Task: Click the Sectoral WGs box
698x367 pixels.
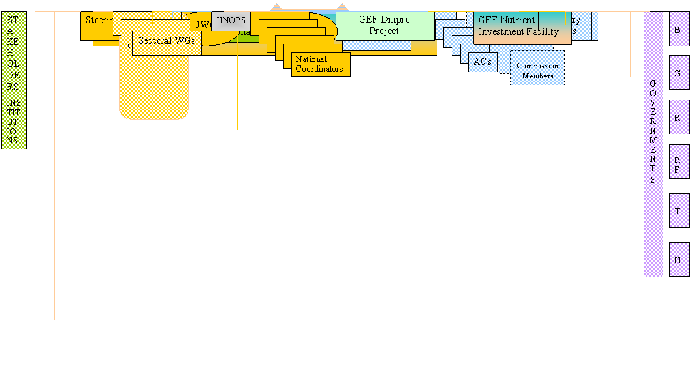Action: click(166, 42)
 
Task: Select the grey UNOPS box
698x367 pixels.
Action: click(231, 20)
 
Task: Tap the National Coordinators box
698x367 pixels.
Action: click(320, 64)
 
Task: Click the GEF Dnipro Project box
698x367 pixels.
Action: click(384, 25)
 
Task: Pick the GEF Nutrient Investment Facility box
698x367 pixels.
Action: click(521, 27)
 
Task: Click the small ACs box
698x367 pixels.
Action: click(482, 61)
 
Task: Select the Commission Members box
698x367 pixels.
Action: click(538, 70)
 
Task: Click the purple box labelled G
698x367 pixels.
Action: click(678, 72)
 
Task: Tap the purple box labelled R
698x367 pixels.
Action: click(678, 117)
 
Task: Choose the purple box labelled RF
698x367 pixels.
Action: click(678, 162)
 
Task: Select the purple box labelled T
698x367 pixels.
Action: click(678, 211)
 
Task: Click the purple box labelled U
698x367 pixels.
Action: click(678, 260)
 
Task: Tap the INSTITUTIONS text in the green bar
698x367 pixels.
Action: click(13, 123)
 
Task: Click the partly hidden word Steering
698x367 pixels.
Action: click(98, 20)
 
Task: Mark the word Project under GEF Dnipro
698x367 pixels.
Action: click(384, 31)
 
